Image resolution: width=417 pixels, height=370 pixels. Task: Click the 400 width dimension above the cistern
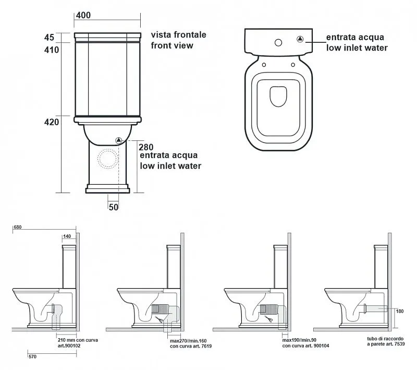pyautogui.click(x=84, y=15)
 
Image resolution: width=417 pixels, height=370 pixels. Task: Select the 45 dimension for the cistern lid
pyautogui.click(x=50, y=37)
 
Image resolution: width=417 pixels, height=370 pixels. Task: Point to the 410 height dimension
pyautogui.click(x=52, y=50)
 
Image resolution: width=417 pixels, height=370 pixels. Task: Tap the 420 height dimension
pyautogui.click(x=52, y=122)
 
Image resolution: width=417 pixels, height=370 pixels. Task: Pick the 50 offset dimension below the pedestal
pyautogui.click(x=114, y=207)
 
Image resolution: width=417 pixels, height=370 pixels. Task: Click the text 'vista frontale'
pyautogui.click(x=178, y=35)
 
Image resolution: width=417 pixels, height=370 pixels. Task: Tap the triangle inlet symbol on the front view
pyautogui.click(x=118, y=140)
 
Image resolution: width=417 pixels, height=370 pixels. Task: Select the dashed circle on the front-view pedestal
pyautogui.click(x=109, y=159)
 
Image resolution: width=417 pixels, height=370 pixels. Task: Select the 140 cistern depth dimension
pyautogui.click(x=67, y=236)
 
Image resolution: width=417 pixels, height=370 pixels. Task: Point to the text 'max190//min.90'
pyautogui.click(x=301, y=340)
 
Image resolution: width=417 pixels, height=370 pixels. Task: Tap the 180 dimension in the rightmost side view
pyautogui.click(x=400, y=311)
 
